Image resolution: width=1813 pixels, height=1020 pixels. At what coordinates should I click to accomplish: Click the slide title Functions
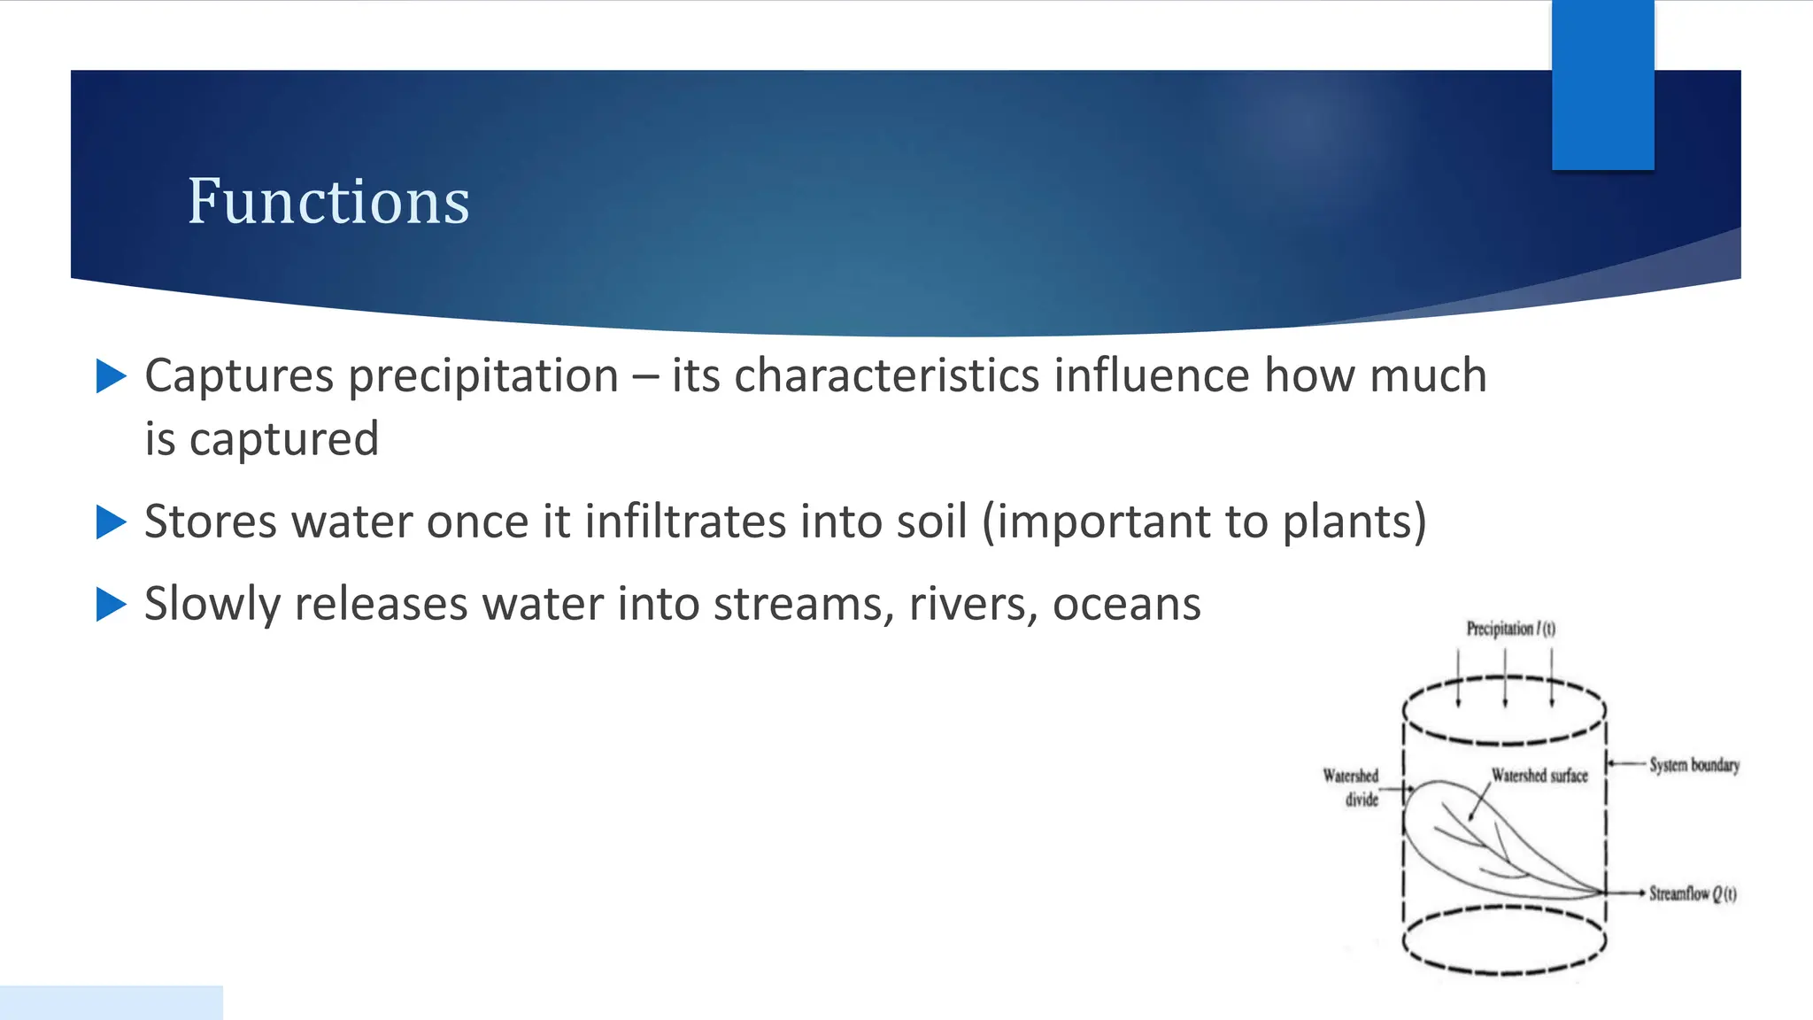pos(328,202)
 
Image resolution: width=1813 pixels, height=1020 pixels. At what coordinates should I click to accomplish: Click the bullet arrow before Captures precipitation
pos(111,375)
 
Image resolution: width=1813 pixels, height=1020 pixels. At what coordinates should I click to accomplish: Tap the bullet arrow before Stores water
pos(111,522)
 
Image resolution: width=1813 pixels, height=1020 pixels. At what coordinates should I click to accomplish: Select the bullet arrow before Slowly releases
pos(111,604)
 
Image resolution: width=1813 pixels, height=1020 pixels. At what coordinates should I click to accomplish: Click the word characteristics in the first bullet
pos(887,375)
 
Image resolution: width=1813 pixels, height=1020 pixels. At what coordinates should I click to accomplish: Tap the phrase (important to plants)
pos(1204,522)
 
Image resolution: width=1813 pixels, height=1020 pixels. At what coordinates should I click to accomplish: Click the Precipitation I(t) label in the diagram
pos(1510,629)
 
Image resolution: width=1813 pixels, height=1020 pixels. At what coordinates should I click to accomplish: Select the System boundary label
pos(1693,765)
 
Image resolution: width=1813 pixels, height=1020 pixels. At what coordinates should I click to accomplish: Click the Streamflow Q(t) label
pos(1692,893)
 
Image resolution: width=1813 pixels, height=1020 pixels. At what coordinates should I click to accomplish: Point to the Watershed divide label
pos(1352,787)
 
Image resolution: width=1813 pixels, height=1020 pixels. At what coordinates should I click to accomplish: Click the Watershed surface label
pos(1539,776)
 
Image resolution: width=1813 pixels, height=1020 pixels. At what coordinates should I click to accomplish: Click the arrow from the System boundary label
pos(1626,763)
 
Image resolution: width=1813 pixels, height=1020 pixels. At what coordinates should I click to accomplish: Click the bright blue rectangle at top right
pos(1602,85)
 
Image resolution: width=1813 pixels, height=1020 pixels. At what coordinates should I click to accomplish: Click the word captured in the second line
pos(283,440)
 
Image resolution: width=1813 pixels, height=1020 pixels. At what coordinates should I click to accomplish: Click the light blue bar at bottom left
pos(111,1002)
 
